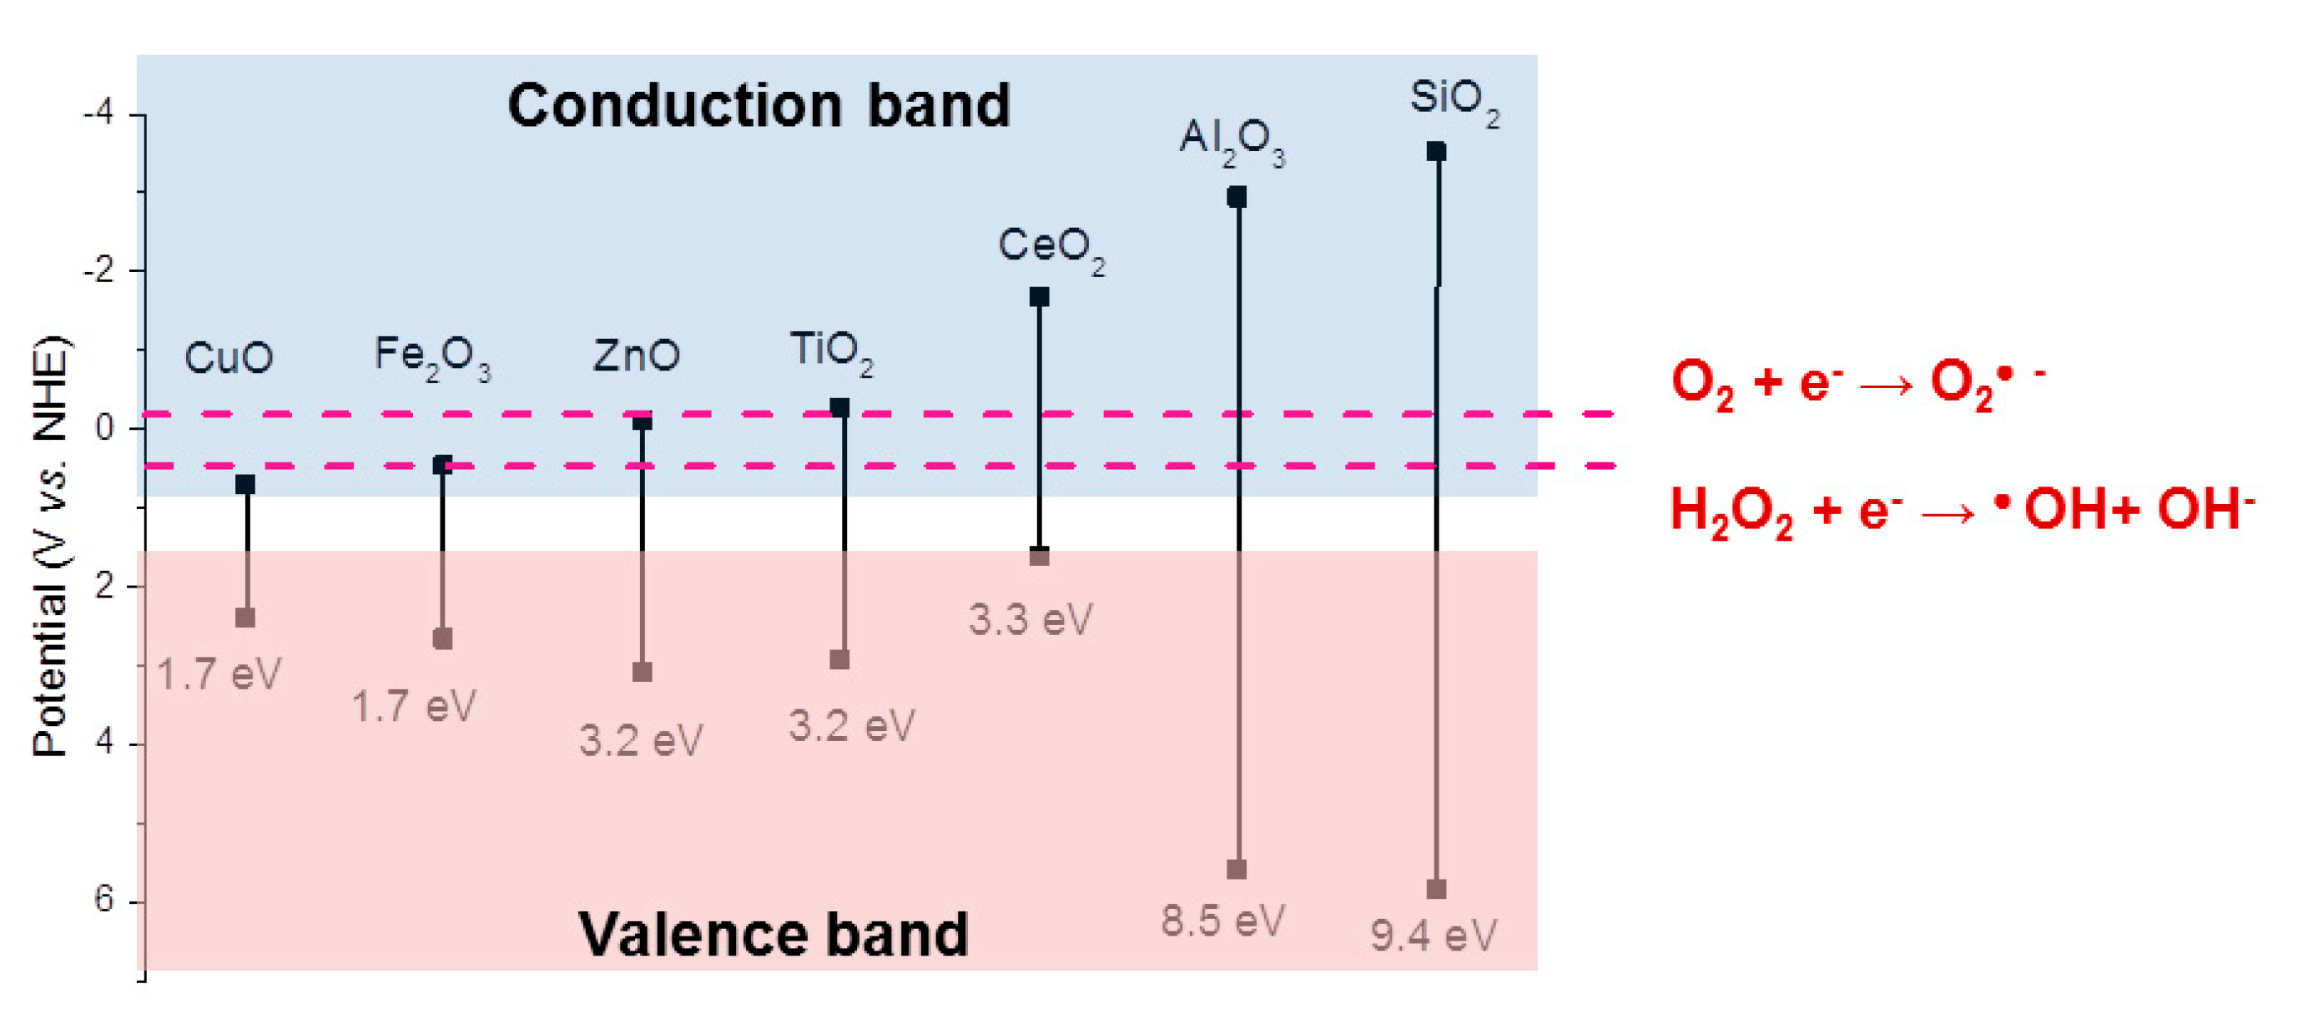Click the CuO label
point(229,358)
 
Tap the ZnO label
point(636,355)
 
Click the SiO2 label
point(1454,100)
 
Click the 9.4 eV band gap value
point(1433,935)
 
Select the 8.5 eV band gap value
point(1222,920)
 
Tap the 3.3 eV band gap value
point(1031,619)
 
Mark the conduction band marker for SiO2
point(1435,152)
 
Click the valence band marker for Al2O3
point(1237,869)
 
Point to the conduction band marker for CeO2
point(1040,297)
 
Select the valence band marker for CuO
point(245,618)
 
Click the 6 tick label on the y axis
point(104,900)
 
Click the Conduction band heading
point(758,105)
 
